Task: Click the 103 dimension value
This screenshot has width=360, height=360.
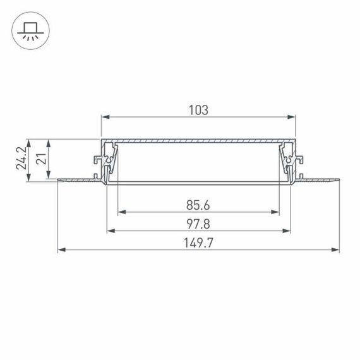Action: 198,110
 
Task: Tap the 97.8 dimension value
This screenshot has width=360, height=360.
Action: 198,223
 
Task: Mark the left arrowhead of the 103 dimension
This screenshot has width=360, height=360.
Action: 105,117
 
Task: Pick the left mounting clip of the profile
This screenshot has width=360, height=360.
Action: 105,163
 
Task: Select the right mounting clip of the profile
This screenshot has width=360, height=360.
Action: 291,163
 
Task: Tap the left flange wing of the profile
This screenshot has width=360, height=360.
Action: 79,182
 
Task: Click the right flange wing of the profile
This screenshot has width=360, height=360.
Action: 319,182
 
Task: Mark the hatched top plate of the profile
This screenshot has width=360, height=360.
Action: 198,140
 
